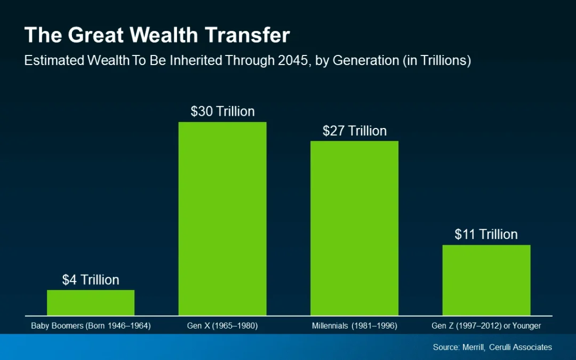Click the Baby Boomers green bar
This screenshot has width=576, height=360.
91,302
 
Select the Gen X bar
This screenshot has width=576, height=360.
222,219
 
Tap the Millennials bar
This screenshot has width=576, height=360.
354,228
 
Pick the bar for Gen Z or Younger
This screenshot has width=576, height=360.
486,280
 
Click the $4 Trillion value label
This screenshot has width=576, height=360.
91,280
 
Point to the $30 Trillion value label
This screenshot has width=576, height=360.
222,111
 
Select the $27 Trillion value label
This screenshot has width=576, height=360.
354,131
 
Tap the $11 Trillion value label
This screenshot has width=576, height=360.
486,234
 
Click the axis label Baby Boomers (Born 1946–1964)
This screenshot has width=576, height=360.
91,326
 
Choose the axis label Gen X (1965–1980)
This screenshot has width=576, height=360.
222,326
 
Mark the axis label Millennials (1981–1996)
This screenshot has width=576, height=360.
354,326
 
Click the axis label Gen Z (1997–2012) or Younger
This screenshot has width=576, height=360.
486,326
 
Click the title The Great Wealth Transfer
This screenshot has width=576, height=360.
157,36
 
